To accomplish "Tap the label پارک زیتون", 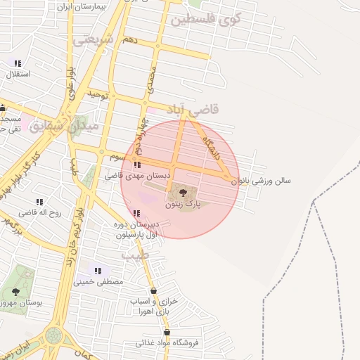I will tap(183, 205).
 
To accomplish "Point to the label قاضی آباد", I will tap(193, 109).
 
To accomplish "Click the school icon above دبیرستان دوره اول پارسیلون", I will tap(136, 214).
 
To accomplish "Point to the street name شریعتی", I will tap(94, 40).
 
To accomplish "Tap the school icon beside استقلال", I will tap(17, 64).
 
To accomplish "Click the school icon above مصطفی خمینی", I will tap(98, 270).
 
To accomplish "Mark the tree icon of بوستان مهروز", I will tap(15, 291).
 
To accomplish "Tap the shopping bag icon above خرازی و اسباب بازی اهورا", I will tap(154, 290).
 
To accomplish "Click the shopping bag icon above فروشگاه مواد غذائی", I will tap(167, 332).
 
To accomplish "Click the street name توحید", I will tap(98, 94).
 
